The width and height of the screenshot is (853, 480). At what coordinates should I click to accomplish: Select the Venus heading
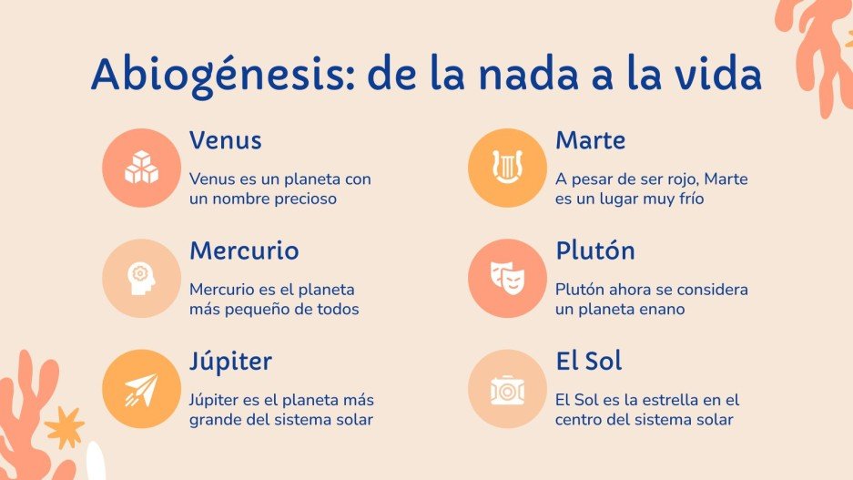pos(226,140)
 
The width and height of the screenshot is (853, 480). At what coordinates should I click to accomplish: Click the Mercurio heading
pos(244,250)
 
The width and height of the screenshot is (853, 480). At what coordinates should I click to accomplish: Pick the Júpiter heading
pos(230,361)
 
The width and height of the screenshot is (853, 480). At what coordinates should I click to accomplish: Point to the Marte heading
pos(591,140)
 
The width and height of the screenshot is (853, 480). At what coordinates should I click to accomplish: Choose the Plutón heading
pos(595,250)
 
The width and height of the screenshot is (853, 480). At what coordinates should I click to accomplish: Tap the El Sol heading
pos(589,361)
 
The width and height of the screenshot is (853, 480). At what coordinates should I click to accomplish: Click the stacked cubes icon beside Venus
pos(142,167)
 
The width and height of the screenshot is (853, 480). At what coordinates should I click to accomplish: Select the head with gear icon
pos(142,278)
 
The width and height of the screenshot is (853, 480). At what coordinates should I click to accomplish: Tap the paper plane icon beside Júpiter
pos(142,389)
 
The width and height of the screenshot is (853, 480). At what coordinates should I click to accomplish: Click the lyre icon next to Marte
pos(507,167)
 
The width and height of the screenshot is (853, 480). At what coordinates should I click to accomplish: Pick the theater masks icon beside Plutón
pos(507,278)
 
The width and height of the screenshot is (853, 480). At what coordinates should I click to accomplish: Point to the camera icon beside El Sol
pos(507,389)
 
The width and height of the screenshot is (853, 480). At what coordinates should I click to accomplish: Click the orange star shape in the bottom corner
pos(64,426)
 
